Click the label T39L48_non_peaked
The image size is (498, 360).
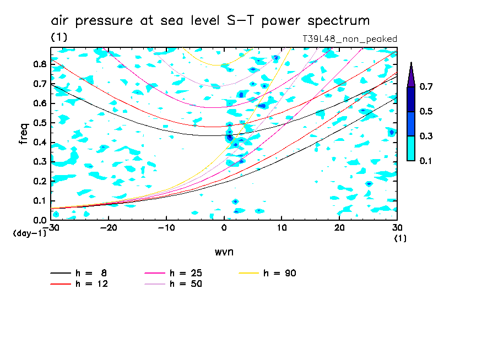(350, 39)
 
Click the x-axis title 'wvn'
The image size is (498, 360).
(224, 252)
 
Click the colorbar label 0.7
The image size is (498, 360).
(425, 87)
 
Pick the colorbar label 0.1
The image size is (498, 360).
(425, 161)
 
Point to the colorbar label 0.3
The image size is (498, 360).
(425, 136)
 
